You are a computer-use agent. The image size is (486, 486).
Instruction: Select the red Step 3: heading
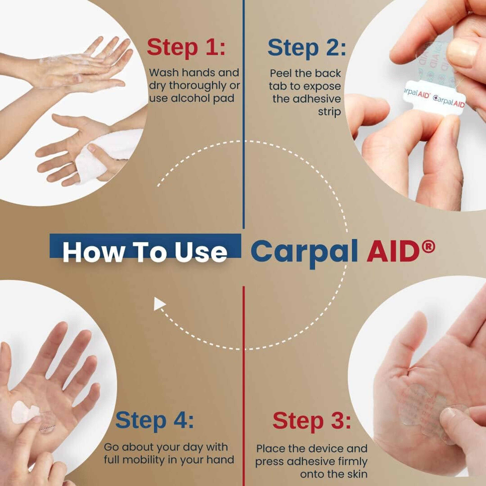[311, 421]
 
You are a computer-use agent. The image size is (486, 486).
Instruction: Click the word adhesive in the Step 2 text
[306, 99]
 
